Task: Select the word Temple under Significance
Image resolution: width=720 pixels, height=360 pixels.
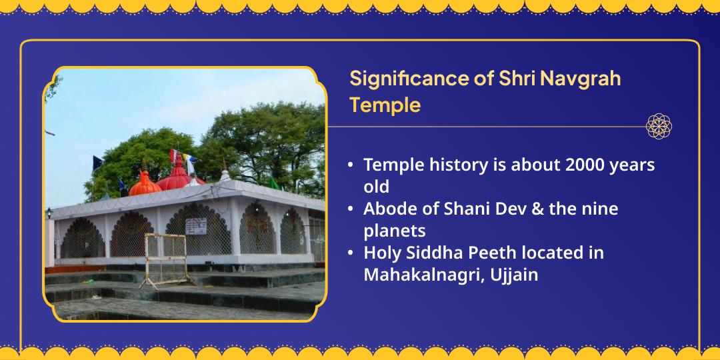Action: [385, 105]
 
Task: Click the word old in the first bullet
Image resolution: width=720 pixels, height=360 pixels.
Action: [376, 187]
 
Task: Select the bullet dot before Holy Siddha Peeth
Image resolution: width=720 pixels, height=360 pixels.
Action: [351, 253]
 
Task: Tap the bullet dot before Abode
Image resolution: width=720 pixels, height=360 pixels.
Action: [351, 209]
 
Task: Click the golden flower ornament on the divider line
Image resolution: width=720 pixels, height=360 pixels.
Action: [659, 126]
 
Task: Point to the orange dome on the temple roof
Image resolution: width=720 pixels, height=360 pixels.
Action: [145, 185]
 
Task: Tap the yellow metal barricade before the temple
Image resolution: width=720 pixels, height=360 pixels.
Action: [166, 259]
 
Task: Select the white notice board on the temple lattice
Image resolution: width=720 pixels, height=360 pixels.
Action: [196, 226]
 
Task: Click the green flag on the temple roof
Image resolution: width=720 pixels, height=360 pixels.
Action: [274, 183]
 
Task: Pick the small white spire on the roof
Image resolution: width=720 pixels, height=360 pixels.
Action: [225, 175]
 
